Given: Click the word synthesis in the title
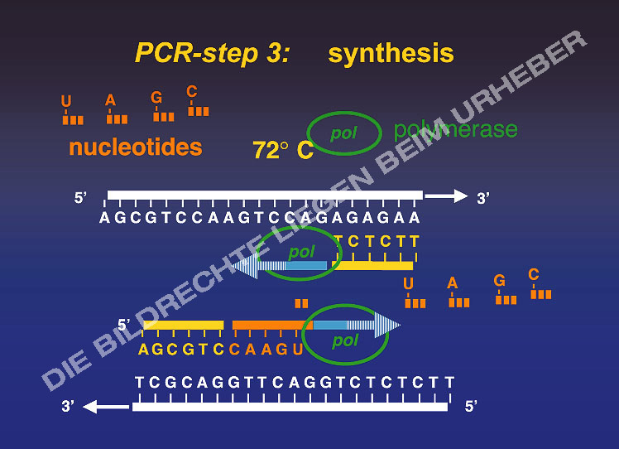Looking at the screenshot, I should [x=391, y=54].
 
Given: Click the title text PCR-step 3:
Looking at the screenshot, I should [x=212, y=54].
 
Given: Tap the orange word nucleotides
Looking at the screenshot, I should [x=136, y=147].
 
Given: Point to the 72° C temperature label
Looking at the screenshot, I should [x=282, y=150].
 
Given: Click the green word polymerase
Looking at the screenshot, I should [x=455, y=129].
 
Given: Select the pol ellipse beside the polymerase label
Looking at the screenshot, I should [x=344, y=133].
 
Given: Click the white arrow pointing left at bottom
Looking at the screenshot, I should [x=105, y=407].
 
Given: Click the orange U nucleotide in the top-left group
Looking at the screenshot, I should [x=72, y=112].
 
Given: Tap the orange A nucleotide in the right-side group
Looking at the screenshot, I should [x=458, y=293].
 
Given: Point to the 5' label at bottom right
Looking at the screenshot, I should [x=472, y=407].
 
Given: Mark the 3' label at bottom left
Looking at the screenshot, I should [x=70, y=407].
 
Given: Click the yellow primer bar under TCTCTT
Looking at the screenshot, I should [x=372, y=266].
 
